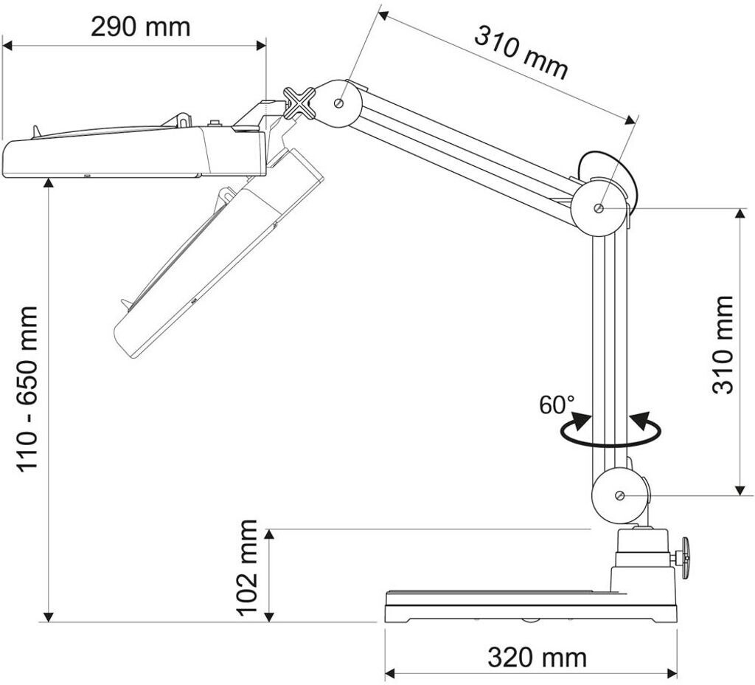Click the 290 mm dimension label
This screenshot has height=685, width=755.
(x=140, y=27)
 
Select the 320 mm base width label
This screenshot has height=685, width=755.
(x=537, y=656)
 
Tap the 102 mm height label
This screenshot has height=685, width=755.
(x=247, y=567)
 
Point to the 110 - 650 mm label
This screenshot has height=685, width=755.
(x=28, y=389)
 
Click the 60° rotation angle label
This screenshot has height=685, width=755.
(x=556, y=405)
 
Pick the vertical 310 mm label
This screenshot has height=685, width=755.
(x=724, y=345)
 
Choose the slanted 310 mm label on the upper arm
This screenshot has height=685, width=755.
(x=521, y=52)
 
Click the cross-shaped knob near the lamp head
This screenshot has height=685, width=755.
(x=300, y=103)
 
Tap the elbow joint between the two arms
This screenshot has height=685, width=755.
(x=599, y=208)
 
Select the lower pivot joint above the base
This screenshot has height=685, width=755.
(x=619, y=495)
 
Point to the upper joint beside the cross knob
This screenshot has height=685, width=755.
(x=339, y=103)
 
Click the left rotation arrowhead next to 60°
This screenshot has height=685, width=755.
(x=581, y=421)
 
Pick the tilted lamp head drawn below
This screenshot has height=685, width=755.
(x=214, y=258)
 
